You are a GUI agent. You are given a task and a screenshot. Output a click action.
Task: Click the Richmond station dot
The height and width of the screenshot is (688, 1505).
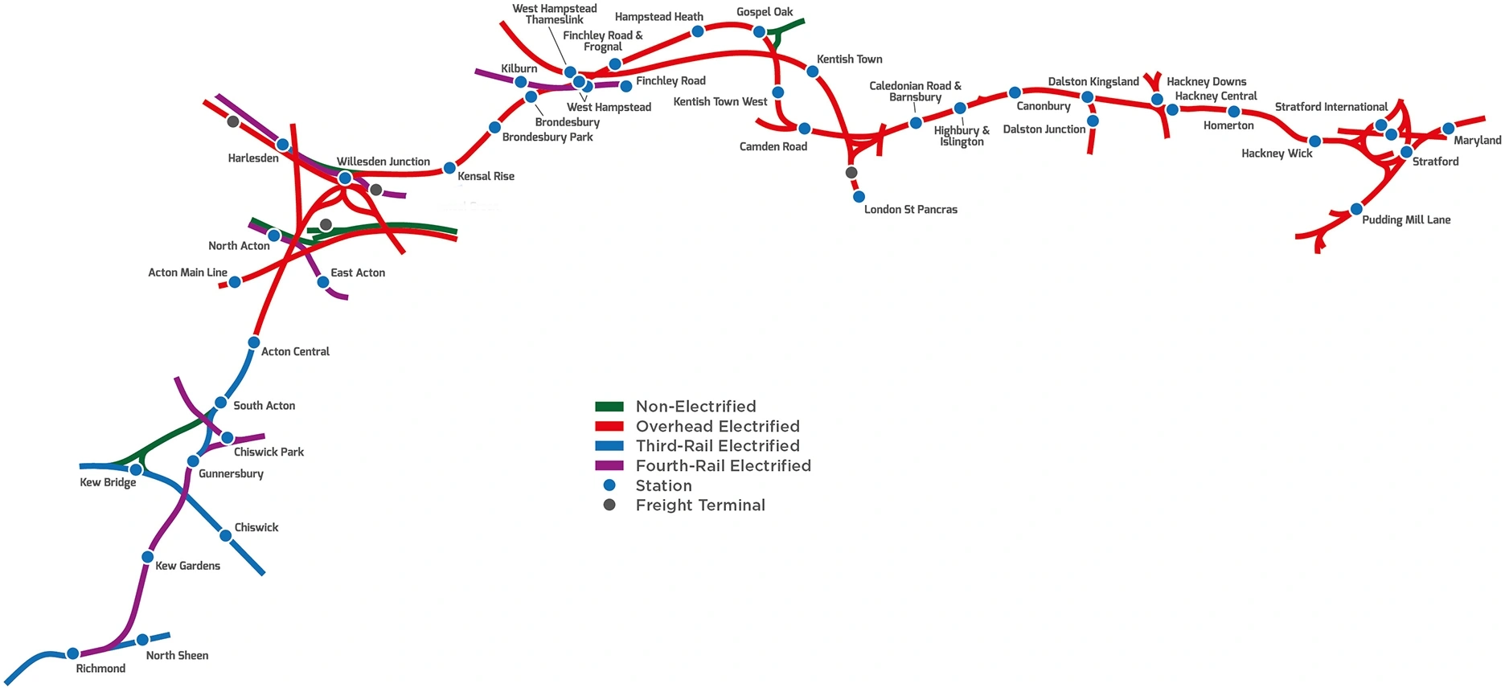[x=72, y=653]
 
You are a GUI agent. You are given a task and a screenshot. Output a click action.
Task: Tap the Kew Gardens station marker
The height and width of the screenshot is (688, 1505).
[x=148, y=557]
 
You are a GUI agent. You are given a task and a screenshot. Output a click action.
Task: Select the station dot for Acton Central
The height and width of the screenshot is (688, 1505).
[x=254, y=342]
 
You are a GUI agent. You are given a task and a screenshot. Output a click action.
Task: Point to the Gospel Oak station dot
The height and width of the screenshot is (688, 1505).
[x=759, y=32]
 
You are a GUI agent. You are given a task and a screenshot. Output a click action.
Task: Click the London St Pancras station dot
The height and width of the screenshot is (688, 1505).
[x=859, y=197]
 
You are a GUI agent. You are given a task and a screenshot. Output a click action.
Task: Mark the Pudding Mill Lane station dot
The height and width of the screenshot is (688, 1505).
[x=1356, y=209]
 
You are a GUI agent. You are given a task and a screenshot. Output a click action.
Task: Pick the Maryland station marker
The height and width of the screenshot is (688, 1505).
[x=1448, y=129]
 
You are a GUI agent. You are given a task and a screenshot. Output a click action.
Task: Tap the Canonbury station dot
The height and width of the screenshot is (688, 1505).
[x=1015, y=93]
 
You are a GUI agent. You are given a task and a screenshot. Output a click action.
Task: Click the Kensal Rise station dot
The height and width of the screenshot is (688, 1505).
[x=449, y=168]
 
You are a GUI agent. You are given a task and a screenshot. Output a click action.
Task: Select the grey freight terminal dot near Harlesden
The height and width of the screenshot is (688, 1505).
[x=233, y=121]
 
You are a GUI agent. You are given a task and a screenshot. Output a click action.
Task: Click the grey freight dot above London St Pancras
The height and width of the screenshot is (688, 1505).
[x=851, y=173]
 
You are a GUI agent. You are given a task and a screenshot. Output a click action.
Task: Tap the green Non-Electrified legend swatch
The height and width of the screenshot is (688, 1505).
[x=609, y=407]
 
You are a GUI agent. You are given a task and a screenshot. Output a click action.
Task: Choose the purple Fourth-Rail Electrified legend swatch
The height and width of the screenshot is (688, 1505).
[x=609, y=466]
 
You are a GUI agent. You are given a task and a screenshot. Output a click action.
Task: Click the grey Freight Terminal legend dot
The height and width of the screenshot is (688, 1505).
[x=609, y=505]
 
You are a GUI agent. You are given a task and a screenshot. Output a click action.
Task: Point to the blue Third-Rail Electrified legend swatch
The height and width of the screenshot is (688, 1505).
[x=609, y=446]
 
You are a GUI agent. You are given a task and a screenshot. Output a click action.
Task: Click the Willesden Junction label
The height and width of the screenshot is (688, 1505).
[x=383, y=162]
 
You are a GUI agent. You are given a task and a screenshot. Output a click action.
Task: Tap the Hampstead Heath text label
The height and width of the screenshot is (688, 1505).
[x=658, y=17]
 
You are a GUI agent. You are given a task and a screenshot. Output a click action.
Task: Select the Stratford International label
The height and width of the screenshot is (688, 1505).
[x=1331, y=107]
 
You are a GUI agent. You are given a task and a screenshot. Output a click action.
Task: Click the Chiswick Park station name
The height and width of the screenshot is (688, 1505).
[x=269, y=452]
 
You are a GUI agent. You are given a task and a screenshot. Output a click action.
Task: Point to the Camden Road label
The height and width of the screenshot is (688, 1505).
[x=773, y=146]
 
